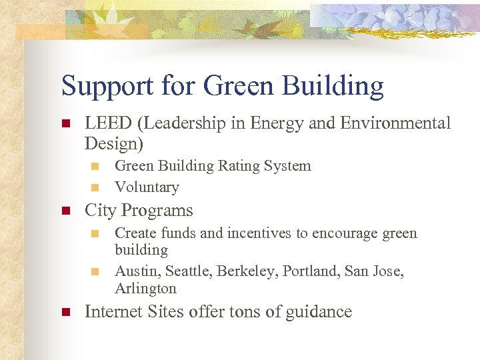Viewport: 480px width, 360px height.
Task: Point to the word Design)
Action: pyautogui.click(x=114, y=143)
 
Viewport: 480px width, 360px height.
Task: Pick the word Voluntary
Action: pyautogui.click(x=147, y=187)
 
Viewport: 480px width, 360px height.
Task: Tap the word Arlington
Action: pyautogui.click(x=145, y=289)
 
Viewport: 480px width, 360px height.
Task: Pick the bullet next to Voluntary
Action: pyautogui.click(x=96, y=187)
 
